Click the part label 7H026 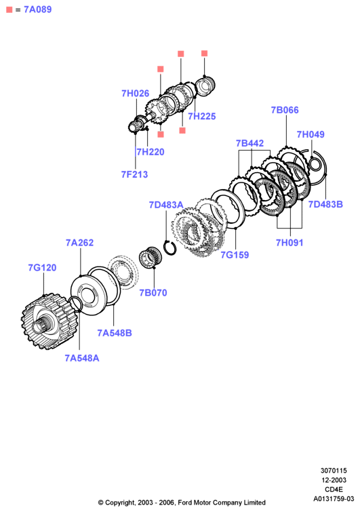click(135, 94)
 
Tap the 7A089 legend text click(37, 9)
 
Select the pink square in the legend click(9, 9)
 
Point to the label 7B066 click(285, 110)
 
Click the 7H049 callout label click(311, 134)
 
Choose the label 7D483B click(325, 204)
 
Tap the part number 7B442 click(249, 143)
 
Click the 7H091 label click(289, 243)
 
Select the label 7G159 click(235, 255)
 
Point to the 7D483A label click(166, 205)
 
